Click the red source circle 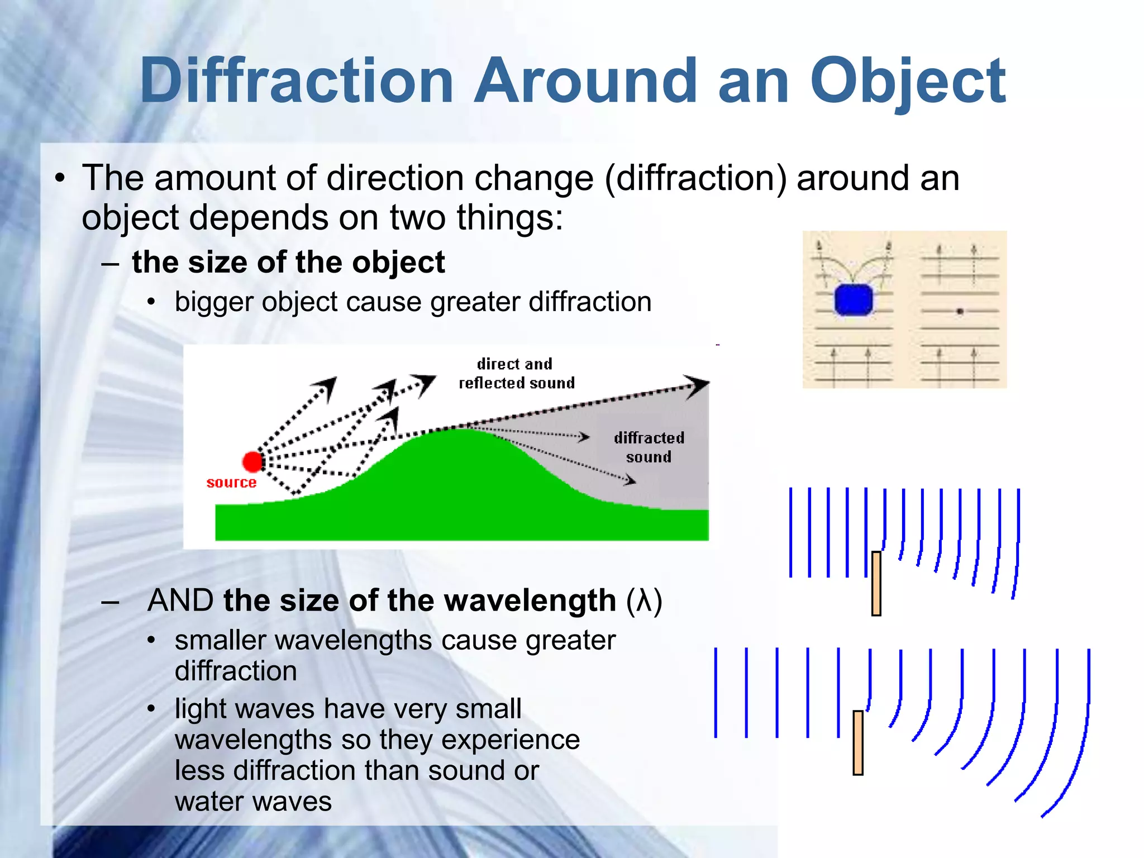coord(252,462)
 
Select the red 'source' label coord(231,483)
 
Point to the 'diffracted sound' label coord(649,447)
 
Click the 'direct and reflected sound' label coord(516,374)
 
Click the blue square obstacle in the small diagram coord(853,300)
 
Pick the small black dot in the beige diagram coord(960,311)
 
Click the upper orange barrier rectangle coord(876,583)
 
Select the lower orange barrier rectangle coord(858,742)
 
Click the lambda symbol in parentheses coord(644,602)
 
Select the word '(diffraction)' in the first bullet coord(695,178)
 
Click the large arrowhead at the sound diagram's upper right coord(696,385)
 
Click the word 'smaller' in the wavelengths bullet coord(221,640)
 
